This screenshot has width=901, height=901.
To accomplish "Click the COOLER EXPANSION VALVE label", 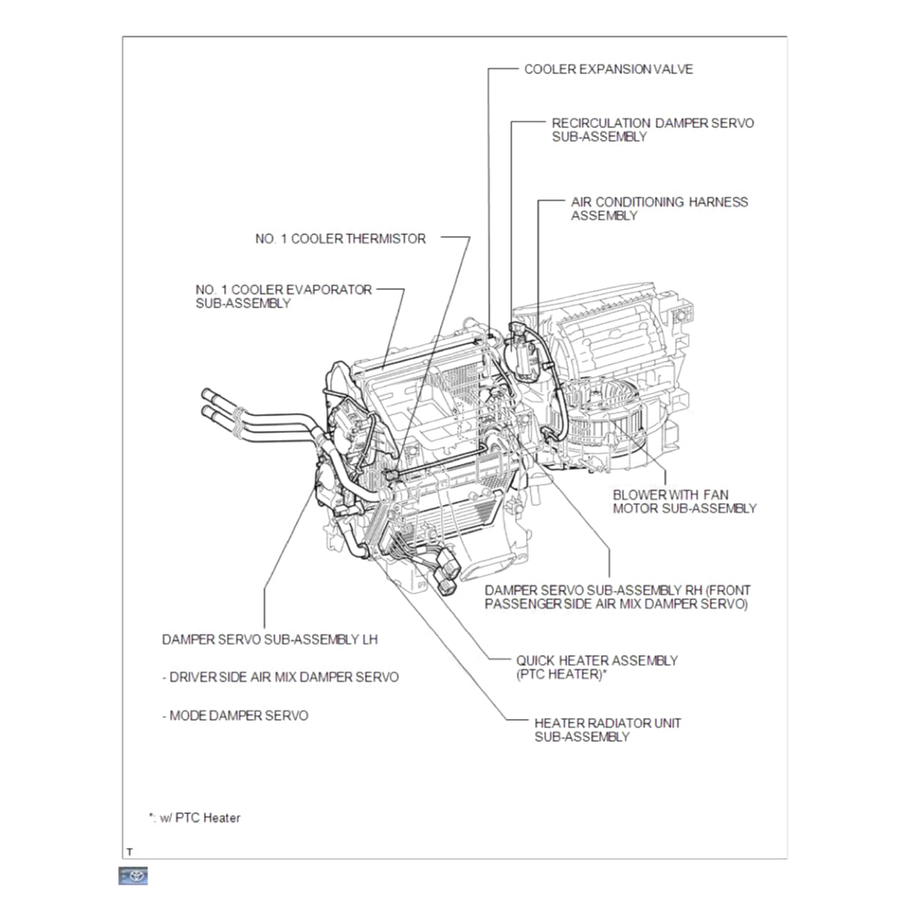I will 607,69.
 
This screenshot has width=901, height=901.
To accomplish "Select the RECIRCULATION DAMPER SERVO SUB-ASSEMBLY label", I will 652,129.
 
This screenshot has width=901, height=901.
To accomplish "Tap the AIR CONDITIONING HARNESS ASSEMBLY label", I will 659,209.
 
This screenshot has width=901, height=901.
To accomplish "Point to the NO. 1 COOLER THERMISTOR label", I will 340,239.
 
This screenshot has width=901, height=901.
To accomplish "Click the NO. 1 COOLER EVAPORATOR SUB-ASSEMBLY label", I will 284,295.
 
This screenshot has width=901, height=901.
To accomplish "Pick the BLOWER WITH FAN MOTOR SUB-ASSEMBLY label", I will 684,501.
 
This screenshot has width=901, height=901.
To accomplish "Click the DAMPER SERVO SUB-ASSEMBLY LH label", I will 269,639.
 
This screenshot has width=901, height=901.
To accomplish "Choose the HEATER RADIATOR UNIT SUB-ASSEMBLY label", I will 607,729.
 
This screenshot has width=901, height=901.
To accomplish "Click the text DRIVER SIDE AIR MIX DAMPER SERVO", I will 281,678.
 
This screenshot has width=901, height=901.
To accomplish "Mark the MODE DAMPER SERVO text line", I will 235,715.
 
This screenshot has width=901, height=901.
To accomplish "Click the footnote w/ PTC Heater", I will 194,818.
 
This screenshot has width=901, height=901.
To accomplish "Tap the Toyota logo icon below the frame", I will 134,875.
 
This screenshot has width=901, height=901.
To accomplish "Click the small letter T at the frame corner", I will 129,852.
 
